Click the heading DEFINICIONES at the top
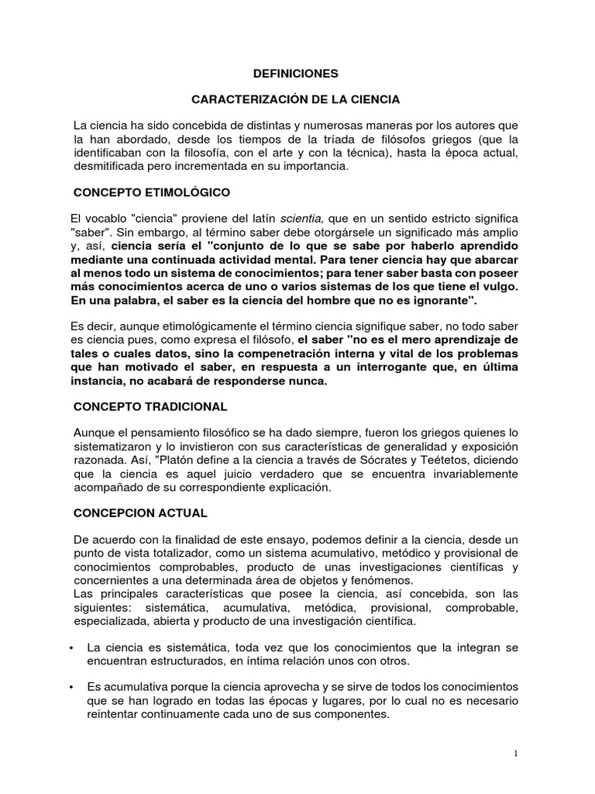pyautogui.click(x=297, y=74)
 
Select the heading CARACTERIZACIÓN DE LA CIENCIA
pyautogui.click(x=296, y=99)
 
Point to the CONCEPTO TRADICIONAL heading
pyautogui.click(x=150, y=406)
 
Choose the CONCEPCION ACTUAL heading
pyautogui.click(x=140, y=513)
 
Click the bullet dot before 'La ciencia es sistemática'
pyautogui.click(x=71, y=647)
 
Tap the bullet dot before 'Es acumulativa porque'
pyautogui.click(x=71, y=689)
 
